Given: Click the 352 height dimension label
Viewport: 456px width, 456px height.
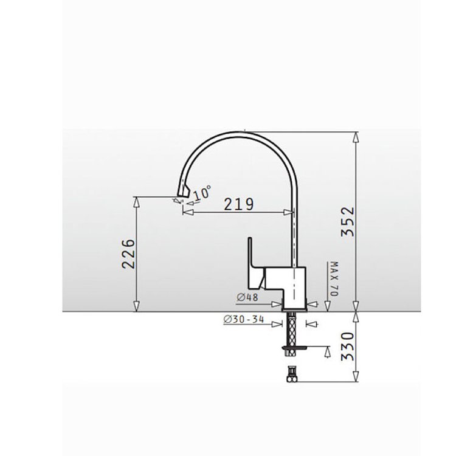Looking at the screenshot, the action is click(x=348, y=221).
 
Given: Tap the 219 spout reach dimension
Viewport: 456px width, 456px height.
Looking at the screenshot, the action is click(x=239, y=204).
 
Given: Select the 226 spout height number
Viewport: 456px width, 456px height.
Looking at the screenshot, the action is click(x=128, y=254).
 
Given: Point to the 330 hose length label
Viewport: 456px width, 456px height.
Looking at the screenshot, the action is click(x=348, y=347).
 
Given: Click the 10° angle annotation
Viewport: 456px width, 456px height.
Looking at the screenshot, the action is click(x=202, y=193).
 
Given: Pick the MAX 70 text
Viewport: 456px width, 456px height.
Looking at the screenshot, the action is click(x=334, y=279).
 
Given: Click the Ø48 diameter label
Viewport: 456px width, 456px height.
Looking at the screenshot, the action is click(x=247, y=297).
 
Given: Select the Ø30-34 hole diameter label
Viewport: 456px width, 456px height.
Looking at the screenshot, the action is click(x=244, y=319).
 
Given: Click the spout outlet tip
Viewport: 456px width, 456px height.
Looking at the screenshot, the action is click(x=182, y=195).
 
